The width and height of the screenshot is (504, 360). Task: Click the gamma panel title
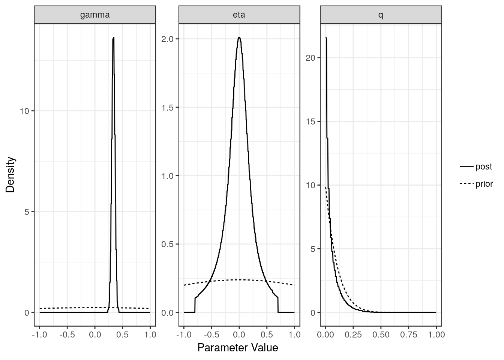(x=95, y=15)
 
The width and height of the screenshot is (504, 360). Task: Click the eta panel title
(x=239, y=15)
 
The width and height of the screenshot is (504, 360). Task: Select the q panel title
(x=381, y=15)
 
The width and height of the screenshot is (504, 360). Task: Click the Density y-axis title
(x=10, y=174)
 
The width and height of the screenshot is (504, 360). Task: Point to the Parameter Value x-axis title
(x=238, y=348)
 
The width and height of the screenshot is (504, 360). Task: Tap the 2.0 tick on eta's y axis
(x=167, y=39)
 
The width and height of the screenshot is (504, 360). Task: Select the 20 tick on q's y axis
(x=311, y=58)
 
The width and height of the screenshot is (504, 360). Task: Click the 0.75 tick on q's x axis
(x=408, y=334)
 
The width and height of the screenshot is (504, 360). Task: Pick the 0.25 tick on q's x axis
(x=353, y=334)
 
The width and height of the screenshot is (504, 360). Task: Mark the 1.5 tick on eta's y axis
(x=167, y=108)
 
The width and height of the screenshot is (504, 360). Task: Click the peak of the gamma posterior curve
(x=113, y=37)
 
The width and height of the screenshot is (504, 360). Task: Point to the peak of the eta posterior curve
(x=239, y=37)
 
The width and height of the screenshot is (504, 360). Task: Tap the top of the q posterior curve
(x=326, y=38)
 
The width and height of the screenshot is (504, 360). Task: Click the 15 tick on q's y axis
(x=311, y=121)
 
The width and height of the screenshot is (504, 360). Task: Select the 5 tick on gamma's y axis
(x=27, y=212)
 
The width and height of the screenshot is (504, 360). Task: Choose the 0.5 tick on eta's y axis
(x=167, y=244)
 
